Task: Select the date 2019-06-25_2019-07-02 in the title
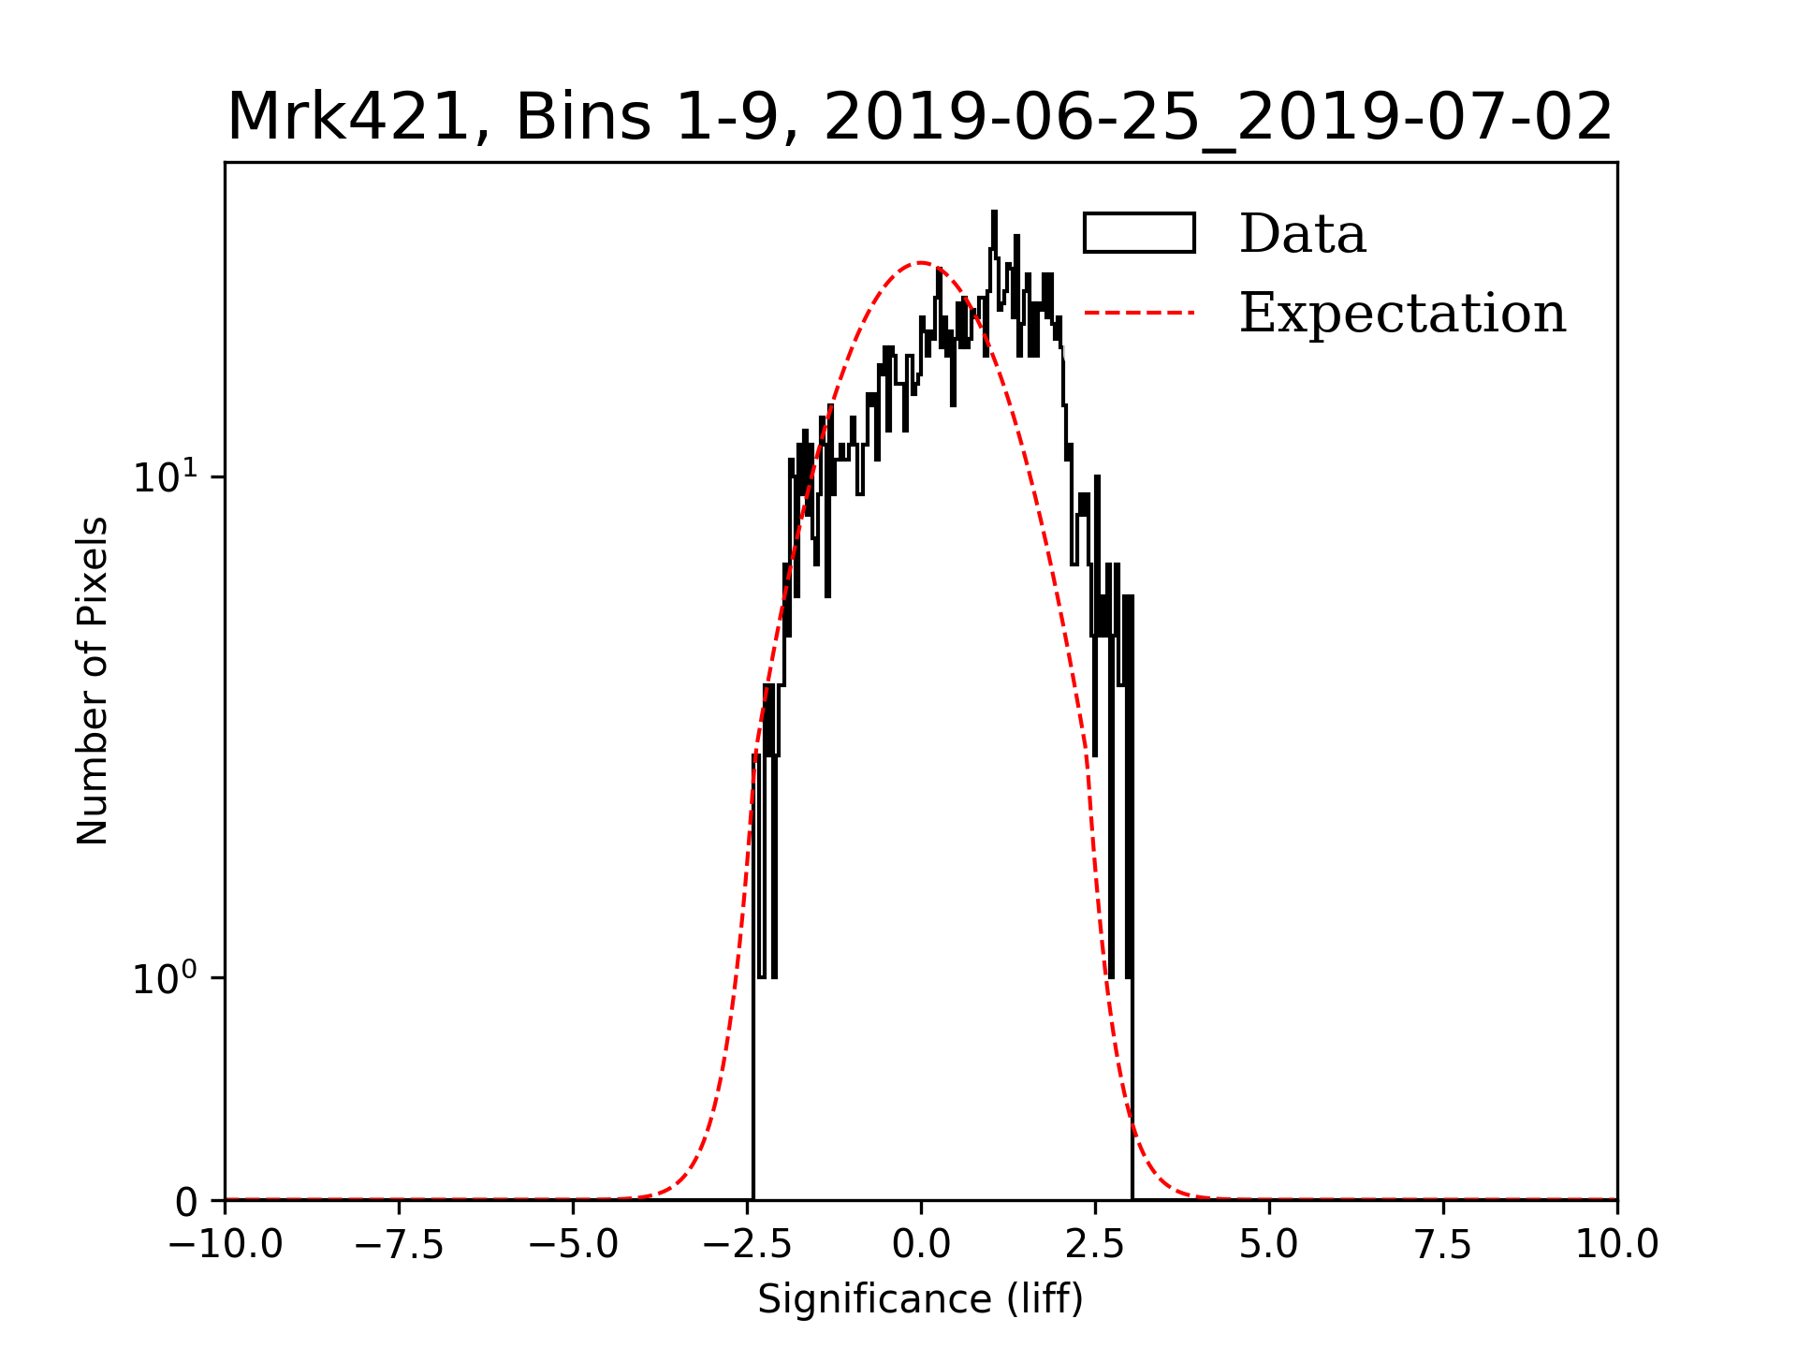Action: coord(1218,118)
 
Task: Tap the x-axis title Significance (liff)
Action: coord(920,1299)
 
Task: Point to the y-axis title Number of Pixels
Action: coord(93,681)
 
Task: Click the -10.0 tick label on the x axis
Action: coord(226,1244)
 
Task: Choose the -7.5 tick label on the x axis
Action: coord(400,1244)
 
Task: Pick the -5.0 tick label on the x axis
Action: coord(574,1244)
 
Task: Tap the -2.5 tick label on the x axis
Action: coord(748,1244)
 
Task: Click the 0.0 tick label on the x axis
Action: coord(921,1244)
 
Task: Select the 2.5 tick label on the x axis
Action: coord(1095,1244)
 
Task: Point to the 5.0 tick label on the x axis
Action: coord(1269,1244)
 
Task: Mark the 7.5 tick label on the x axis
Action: coord(1443,1244)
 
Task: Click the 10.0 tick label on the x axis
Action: coord(1617,1244)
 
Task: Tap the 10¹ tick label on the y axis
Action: coord(166,477)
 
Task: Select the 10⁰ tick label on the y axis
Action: coord(166,979)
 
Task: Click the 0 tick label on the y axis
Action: coord(186,1203)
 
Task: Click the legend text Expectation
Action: coord(1402,313)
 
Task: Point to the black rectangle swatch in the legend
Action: coord(1139,233)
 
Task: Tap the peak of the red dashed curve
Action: coord(921,263)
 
